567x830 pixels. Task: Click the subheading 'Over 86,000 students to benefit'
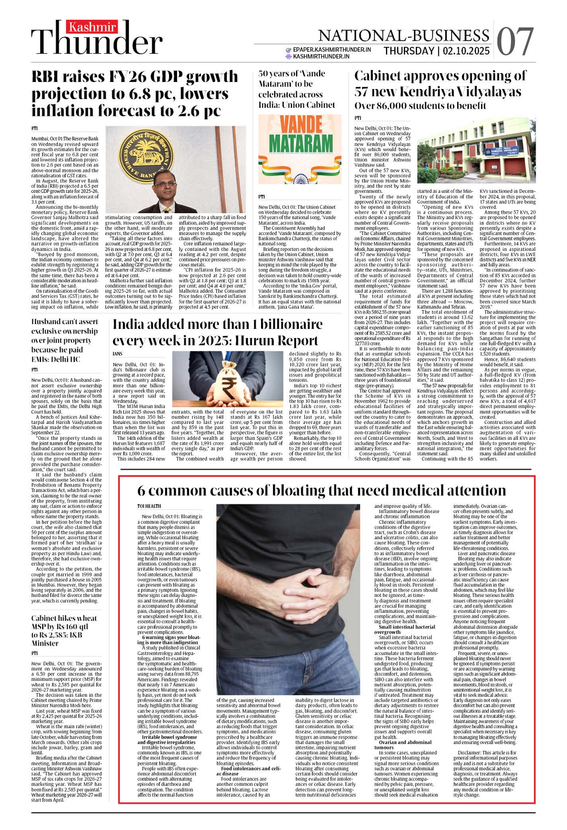tap(420, 105)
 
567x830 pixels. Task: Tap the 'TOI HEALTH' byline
tap(149, 506)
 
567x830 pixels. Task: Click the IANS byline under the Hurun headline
tap(117, 354)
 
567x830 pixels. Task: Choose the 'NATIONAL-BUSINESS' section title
tap(403, 35)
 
